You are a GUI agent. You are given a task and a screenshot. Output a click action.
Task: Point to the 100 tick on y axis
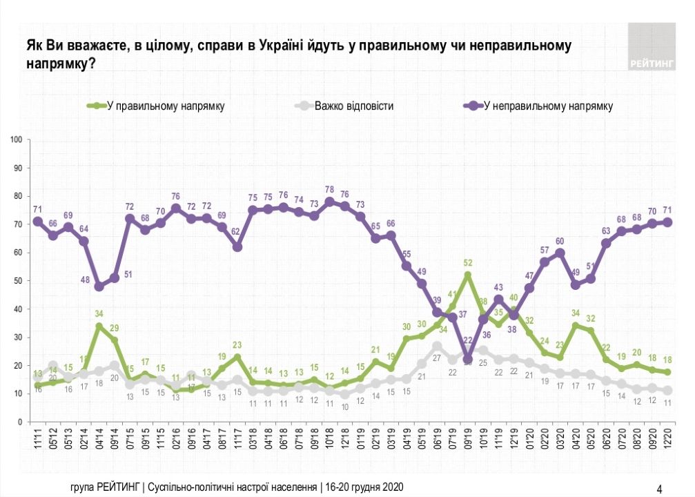(17, 140)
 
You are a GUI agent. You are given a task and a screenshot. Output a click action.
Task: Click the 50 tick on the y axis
(19, 281)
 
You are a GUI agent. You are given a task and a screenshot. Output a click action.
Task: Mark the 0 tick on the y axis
(21, 422)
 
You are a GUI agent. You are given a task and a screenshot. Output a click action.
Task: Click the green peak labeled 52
(468, 275)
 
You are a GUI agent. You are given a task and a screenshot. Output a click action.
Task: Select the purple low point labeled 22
(468, 359)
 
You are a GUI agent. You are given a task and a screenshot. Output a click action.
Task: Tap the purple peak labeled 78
(330, 202)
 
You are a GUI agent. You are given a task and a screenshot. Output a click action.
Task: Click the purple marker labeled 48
(99, 286)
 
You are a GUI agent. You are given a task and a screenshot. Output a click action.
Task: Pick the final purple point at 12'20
(668, 222)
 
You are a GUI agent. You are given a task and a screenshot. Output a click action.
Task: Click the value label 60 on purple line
(560, 242)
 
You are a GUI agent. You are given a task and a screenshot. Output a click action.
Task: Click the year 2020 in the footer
(390, 487)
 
